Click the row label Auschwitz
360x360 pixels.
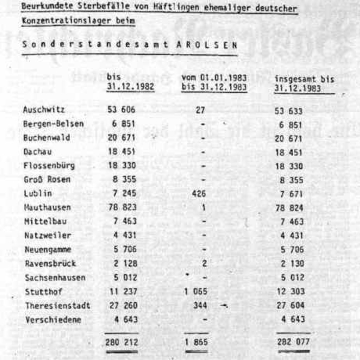click(44, 110)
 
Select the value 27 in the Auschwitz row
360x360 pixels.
click(200, 110)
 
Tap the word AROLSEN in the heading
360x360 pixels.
click(207, 45)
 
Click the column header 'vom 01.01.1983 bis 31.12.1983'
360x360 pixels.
click(214, 82)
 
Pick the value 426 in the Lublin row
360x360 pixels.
click(199, 193)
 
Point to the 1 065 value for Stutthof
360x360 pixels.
click(196, 291)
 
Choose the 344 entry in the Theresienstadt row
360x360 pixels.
click(200, 305)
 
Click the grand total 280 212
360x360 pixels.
click(122, 342)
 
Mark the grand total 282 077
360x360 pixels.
click(293, 342)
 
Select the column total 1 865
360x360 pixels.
click(196, 342)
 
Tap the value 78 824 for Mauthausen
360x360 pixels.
click(289, 208)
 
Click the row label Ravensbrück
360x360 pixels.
click(50, 263)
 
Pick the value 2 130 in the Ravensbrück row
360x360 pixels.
click(292, 264)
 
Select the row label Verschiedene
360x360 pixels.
click(53, 320)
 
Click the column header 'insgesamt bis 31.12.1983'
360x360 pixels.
click(304, 84)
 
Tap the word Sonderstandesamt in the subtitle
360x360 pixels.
click(95, 44)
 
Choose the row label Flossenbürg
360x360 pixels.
click(49, 166)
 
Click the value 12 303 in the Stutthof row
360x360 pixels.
click(291, 291)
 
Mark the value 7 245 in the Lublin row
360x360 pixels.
click(125, 193)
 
